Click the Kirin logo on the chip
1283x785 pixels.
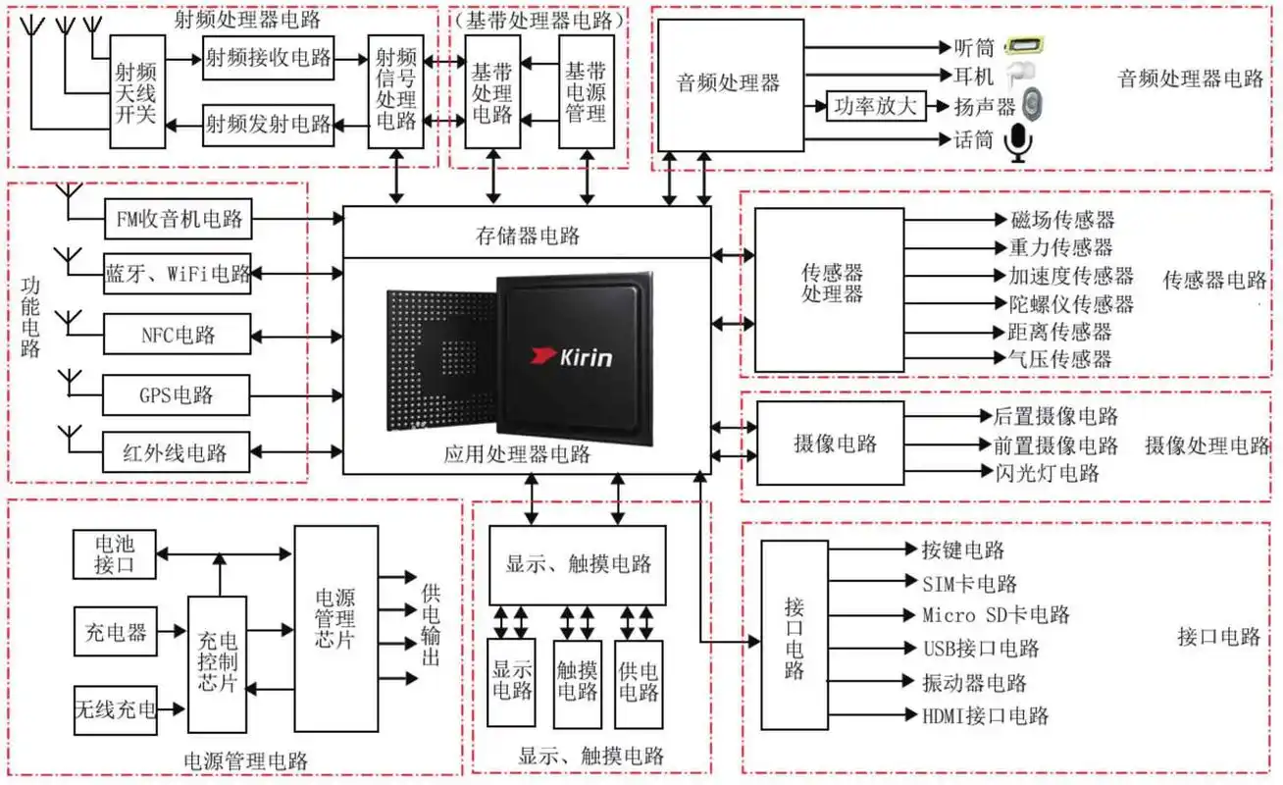coord(572,355)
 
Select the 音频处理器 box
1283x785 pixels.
coord(728,83)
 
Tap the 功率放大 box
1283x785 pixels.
coord(876,106)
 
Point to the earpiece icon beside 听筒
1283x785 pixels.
coord(1026,46)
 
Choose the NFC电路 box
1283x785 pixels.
coord(178,336)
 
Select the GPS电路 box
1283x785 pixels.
coord(177,395)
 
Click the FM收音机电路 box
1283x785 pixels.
coord(179,219)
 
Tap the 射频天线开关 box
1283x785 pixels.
coord(136,91)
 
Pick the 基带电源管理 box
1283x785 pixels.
coord(587,91)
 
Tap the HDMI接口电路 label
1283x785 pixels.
coord(985,715)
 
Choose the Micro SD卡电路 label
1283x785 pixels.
coord(995,616)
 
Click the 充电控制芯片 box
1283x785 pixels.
coord(217,664)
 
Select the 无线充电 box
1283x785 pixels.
coord(116,709)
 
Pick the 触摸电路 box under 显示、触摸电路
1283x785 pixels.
coord(578,683)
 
